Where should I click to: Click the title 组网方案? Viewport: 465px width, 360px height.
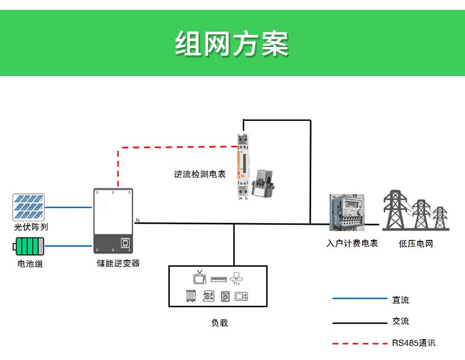232,43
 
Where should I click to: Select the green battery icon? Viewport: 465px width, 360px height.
28,247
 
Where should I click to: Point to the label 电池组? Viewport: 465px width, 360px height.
30,264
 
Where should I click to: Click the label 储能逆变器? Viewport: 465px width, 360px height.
118,263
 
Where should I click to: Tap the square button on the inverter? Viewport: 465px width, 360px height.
124,243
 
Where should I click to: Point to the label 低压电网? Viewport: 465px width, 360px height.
416,243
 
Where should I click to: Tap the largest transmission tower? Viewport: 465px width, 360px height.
397,210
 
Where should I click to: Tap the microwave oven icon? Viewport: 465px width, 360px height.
241,296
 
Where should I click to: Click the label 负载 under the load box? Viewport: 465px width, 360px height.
219,323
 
